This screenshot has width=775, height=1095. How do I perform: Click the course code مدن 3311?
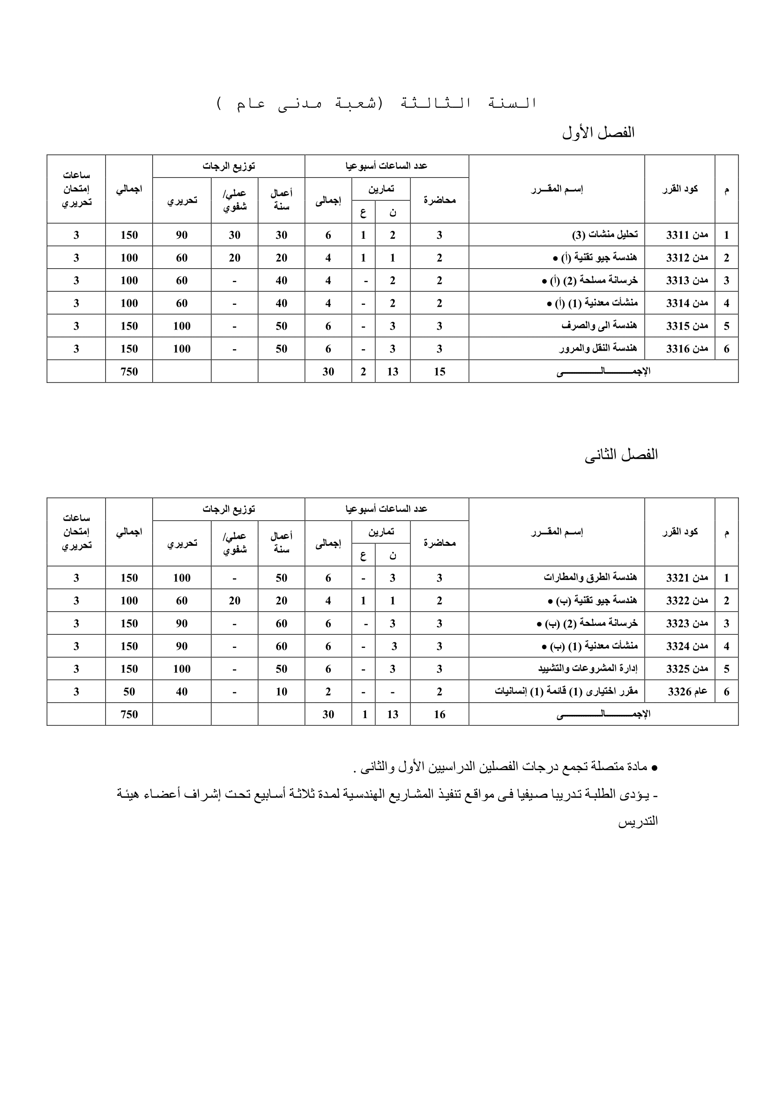(687, 235)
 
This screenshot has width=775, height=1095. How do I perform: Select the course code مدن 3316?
(687, 349)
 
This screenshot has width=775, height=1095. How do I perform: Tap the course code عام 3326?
(687, 691)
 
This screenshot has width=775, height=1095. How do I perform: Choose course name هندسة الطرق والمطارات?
(590, 578)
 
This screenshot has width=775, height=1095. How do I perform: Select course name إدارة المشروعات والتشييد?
(588, 669)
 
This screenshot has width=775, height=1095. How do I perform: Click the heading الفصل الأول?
(598, 132)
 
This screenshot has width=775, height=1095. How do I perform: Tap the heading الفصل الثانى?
(621, 455)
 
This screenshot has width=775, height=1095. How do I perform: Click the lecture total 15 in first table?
(439, 372)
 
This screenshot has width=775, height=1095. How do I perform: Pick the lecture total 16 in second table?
(439, 714)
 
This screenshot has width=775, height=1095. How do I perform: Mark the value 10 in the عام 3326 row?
(281, 691)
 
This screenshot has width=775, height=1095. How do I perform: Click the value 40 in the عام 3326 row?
(181, 691)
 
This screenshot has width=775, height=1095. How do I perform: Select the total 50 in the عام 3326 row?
(129, 691)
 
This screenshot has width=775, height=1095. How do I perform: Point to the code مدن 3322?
(687, 601)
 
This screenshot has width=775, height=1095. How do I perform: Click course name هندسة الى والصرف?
(599, 326)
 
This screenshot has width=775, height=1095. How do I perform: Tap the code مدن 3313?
(687, 280)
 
